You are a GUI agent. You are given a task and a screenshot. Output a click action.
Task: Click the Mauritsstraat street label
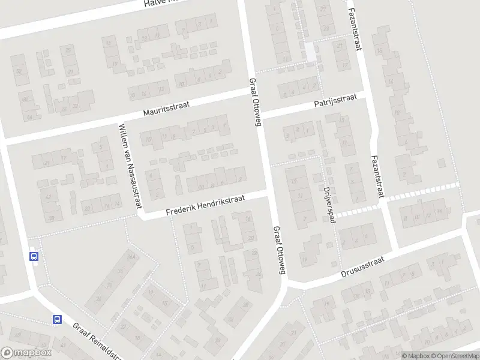point(166,109)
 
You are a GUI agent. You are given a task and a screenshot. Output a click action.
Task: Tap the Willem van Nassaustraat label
point(130,166)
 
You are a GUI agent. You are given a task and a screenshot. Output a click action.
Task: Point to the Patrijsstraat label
point(335,100)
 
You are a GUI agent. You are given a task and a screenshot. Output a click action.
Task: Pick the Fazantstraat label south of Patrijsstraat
point(377,176)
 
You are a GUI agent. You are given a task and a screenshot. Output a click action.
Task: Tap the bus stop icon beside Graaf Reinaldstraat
point(57,320)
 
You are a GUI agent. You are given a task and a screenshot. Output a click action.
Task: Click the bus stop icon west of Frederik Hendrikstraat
point(34,256)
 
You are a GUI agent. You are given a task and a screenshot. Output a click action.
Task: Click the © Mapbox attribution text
point(415,356)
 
